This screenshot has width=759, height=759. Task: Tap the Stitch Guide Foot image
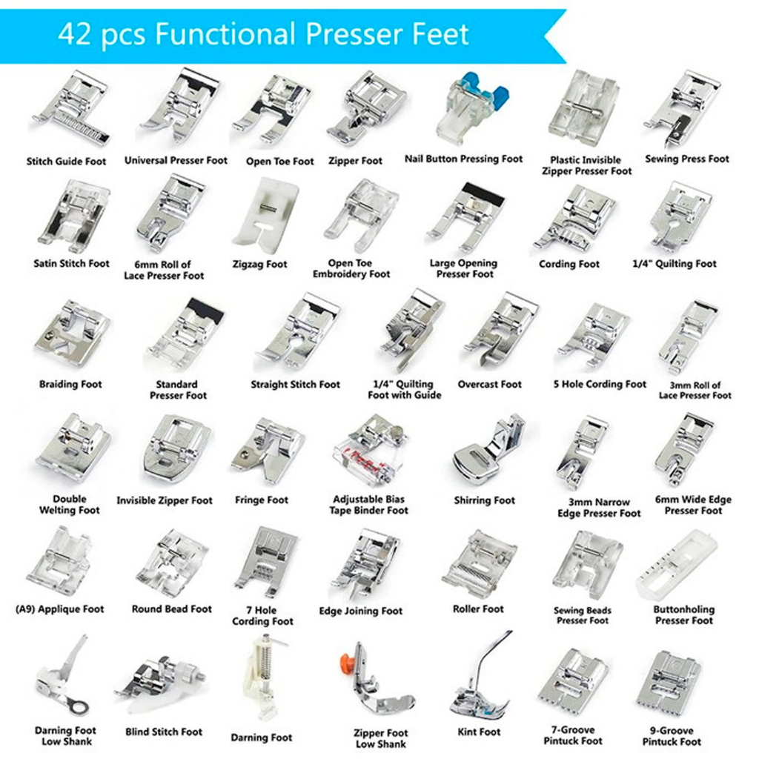pos(70,110)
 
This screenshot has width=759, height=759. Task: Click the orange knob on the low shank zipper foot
pos(348,660)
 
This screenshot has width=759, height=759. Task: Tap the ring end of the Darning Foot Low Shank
pos(78,707)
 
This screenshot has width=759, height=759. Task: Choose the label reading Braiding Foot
pos(70,385)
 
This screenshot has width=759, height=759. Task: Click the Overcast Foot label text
pos(489,385)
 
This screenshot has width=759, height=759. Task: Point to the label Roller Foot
pos(478,609)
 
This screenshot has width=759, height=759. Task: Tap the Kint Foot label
pos(480,732)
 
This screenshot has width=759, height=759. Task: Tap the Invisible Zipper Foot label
pos(165,500)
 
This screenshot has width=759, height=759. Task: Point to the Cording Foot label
pos(569,265)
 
